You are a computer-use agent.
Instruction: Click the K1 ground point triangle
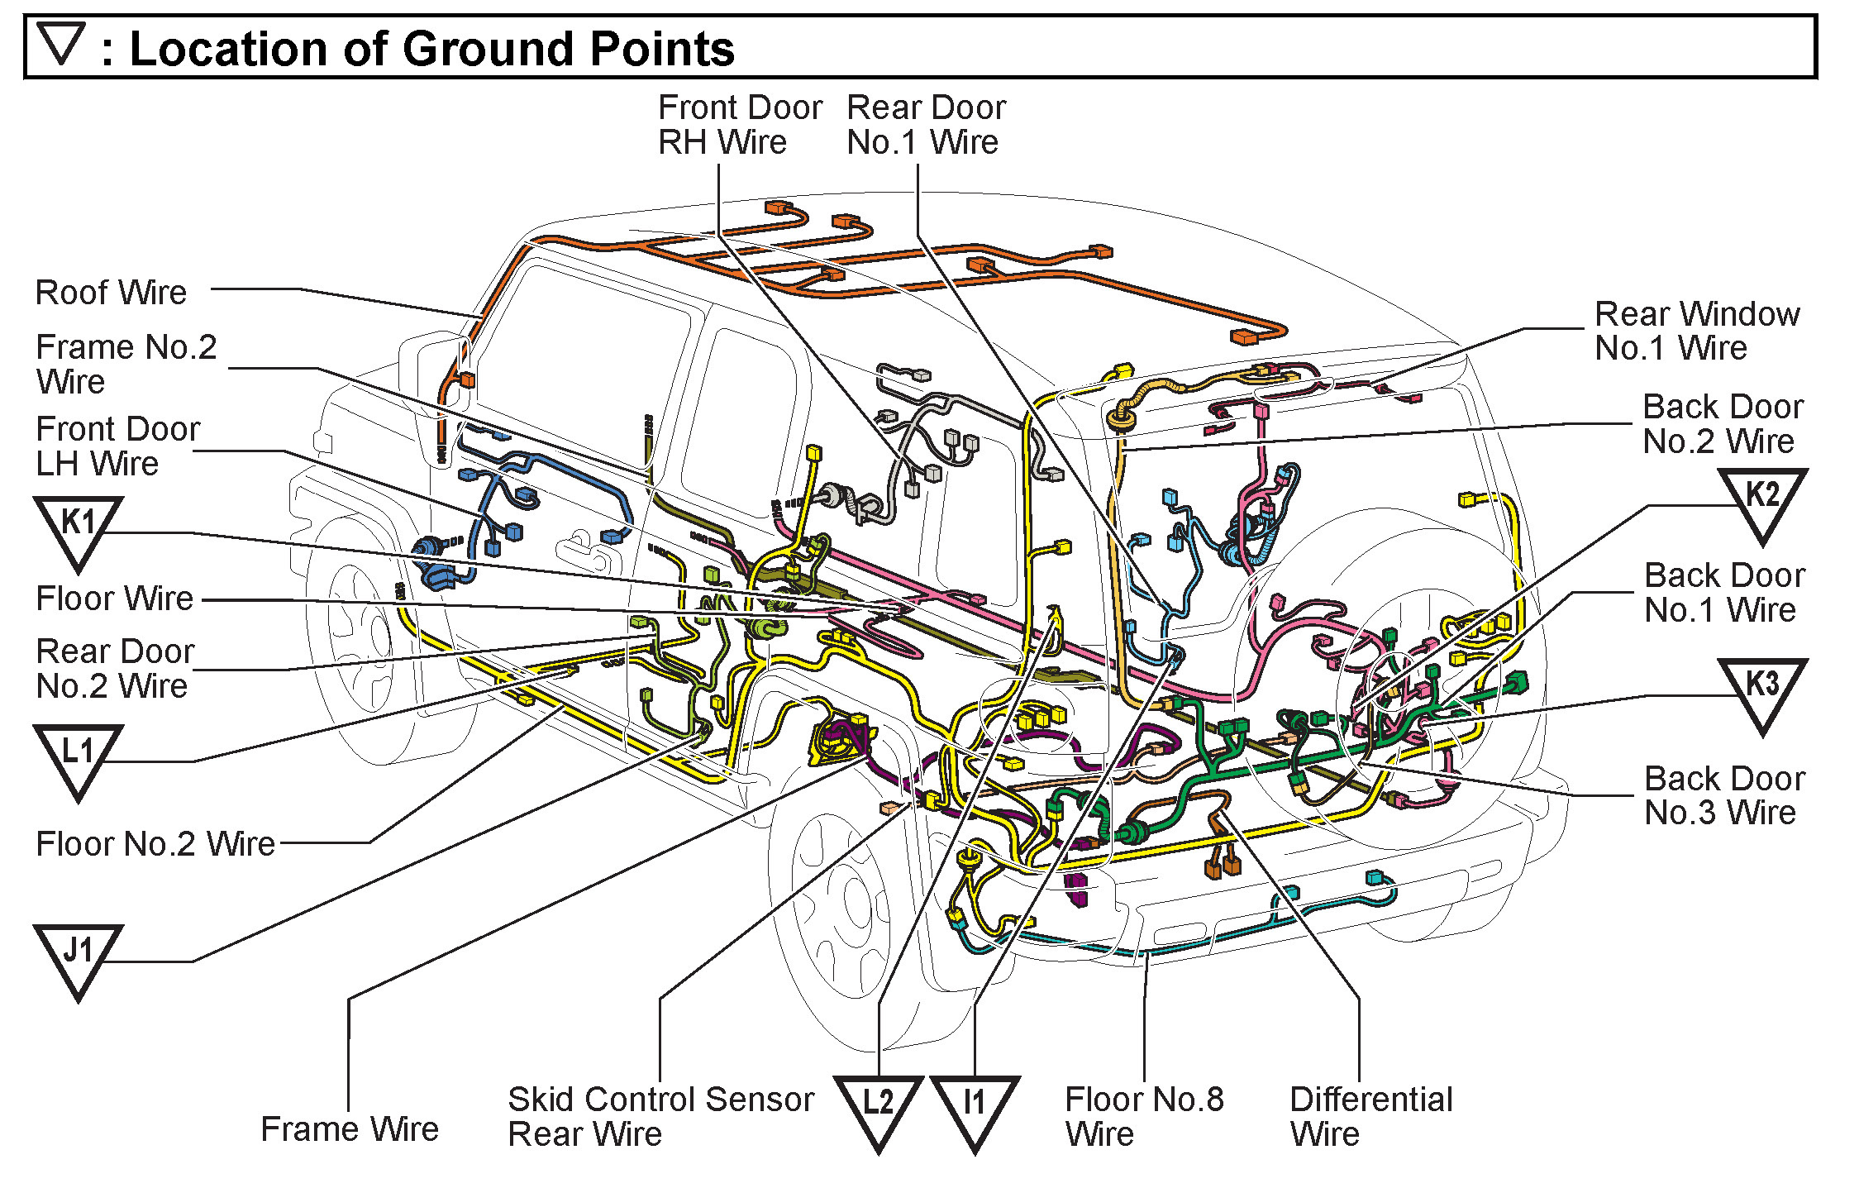tap(79, 528)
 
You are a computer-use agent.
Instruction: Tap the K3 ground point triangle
tap(1761, 690)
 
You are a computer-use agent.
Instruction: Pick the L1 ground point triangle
tap(79, 756)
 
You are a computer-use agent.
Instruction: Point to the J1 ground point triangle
tap(79, 957)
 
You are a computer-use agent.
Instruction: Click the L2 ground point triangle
tap(878, 1108)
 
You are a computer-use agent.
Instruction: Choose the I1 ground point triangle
tap(975, 1108)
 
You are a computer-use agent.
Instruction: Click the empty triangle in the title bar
tap(62, 43)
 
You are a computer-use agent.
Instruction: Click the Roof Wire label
tap(111, 293)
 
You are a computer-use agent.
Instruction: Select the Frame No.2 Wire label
tap(126, 364)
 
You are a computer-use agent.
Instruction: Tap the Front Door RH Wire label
tap(739, 125)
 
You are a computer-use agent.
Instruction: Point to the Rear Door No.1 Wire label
tap(926, 125)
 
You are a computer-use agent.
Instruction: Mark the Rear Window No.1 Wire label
tap(1696, 331)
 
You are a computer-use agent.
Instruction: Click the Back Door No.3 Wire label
tap(1724, 795)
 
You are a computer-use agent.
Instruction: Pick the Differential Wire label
tap(1370, 1116)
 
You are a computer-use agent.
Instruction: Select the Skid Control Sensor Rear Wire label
tap(660, 1116)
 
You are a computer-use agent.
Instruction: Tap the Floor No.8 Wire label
tap(1144, 1116)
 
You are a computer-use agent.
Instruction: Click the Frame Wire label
tap(350, 1129)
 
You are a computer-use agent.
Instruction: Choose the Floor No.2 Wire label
tap(155, 844)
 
